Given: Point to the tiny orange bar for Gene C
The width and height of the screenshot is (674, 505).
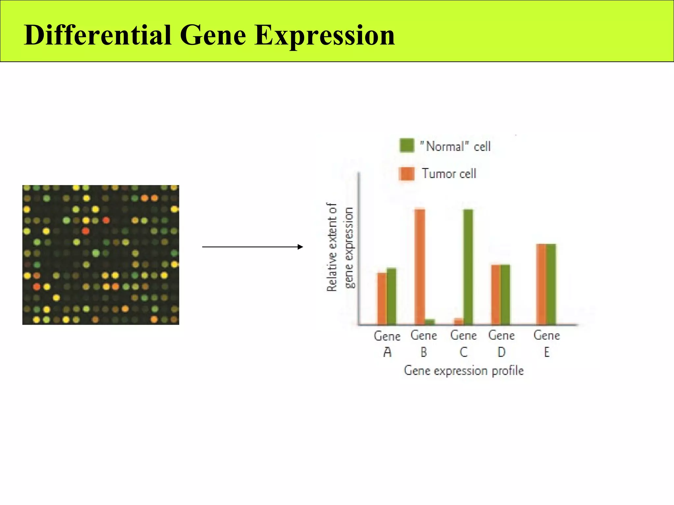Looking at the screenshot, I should click(458, 321).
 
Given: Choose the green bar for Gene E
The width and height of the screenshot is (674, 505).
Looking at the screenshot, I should click(551, 284).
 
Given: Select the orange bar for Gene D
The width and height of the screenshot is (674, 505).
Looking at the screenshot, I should click(496, 294).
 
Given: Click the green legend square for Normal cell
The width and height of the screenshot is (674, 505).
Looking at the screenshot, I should click(407, 145).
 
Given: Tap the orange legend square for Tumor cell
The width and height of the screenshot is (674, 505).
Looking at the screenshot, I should click(407, 174).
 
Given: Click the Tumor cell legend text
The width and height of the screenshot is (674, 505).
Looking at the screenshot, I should click(449, 174).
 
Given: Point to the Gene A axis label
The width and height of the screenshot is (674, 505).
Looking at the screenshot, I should click(387, 344).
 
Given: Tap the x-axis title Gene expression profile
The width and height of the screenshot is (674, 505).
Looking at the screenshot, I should click(463, 371).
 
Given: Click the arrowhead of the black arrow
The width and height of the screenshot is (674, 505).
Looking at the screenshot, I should click(300, 247).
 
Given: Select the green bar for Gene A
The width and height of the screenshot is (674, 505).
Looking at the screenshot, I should click(391, 296).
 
